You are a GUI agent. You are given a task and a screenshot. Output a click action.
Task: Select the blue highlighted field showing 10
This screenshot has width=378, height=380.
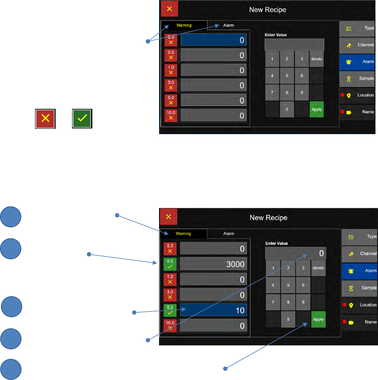pos(213,310)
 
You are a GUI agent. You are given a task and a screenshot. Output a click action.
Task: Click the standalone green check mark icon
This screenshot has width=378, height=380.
pos(82,118)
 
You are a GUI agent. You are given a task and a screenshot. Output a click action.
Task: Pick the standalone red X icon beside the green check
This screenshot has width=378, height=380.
pos(45,118)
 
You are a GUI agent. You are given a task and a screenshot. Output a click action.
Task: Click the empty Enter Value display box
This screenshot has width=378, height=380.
pos(294,45)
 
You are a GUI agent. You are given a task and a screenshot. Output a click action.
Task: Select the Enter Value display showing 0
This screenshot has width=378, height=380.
pos(296,253)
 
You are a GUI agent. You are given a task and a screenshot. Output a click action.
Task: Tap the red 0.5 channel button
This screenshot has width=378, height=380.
pos(171,55)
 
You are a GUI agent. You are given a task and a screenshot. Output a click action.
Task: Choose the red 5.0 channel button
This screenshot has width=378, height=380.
pos(171,100)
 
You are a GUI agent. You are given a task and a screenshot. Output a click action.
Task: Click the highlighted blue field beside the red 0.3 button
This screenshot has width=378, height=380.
pos(213,40)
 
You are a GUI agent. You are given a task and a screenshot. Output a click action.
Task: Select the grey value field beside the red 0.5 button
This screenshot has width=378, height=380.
pos(213,55)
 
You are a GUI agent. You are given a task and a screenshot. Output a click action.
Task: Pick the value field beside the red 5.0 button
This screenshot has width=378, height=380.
pos(213,100)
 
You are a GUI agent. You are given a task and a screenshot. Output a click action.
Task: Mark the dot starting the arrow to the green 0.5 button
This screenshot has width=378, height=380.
pos(89,254)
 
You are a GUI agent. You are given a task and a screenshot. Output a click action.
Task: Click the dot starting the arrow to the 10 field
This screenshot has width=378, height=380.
pos(134,313)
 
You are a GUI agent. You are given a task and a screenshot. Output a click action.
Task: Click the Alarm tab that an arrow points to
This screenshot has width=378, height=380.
pos(229,25)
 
